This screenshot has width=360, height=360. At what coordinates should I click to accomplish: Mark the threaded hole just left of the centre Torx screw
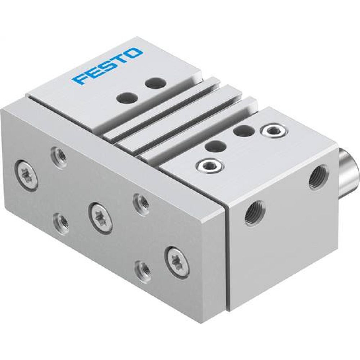pyautogui.click(x=59, y=219)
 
